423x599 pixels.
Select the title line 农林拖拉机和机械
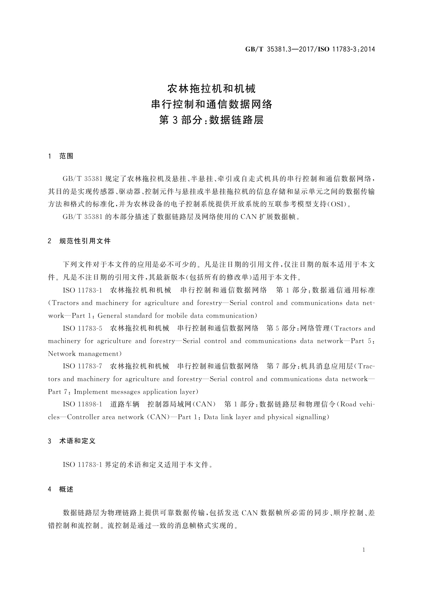coord(211,88)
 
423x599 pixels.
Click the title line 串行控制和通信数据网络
coord(211,104)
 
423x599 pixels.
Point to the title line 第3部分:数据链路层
coord(211,120)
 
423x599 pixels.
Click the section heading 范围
coord(66,156)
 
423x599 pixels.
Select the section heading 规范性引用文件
coord(85,241)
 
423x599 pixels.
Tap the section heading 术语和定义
coord(77,441)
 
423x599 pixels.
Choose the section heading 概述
coord(66,489)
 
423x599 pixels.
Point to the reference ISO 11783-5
coord(82,328)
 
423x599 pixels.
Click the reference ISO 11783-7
coord(82,366)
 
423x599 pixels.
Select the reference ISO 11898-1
coord(82,404)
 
